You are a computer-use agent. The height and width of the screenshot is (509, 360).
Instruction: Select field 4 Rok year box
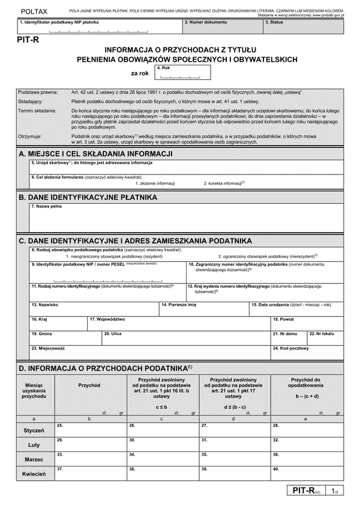click(182, 73)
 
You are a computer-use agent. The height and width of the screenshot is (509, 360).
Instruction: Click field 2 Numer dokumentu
click(221, 26)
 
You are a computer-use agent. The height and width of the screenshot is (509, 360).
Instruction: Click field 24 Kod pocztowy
click(307, 352)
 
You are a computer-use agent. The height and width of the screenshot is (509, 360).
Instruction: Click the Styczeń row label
click(34, 430)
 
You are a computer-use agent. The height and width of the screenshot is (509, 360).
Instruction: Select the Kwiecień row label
click(34, 474)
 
